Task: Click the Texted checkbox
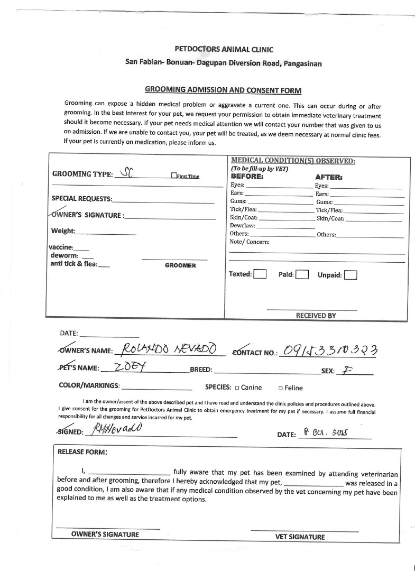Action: [x=260, y=274]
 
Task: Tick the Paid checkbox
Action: [x=302, y=274]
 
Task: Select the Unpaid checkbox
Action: [x=350, y=275]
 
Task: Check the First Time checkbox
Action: [x=174, y=176]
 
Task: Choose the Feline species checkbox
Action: [x=280, y=388]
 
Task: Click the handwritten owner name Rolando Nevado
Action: [x=169, y=349]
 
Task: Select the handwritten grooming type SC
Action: [x=127, y=172]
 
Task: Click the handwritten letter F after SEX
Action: [x=346, y=370]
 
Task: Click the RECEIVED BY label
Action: [x=316, y=316]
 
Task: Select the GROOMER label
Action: [x=180, y=265]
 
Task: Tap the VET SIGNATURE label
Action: [x=300, y=537]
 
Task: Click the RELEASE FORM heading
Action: [x=82, y=452]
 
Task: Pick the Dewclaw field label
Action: [x=242, y=226]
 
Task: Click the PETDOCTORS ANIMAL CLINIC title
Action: [x=224, y=50]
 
